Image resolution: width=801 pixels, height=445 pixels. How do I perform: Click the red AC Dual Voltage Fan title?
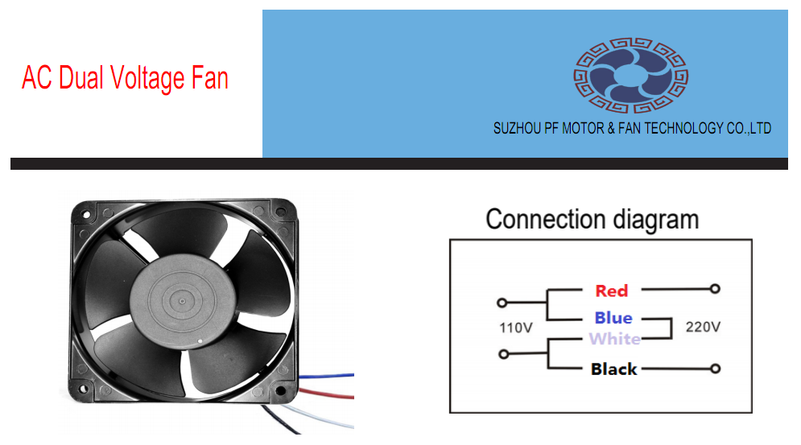125,78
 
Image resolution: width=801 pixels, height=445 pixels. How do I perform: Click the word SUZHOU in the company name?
516,128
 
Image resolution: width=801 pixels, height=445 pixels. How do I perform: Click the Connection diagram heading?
592,220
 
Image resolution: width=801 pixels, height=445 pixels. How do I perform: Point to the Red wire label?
611,290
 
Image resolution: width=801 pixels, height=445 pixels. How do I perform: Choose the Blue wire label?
613,318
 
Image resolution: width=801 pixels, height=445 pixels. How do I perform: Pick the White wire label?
615,339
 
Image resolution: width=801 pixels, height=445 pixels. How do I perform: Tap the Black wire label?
613,369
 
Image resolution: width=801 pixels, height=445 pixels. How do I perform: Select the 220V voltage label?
702,328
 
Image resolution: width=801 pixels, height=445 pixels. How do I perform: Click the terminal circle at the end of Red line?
714,288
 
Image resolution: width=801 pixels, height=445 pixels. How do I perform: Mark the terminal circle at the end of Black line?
714,369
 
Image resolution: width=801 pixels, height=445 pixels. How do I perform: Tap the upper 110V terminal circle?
502,303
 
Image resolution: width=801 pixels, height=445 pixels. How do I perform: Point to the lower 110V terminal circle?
503,354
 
